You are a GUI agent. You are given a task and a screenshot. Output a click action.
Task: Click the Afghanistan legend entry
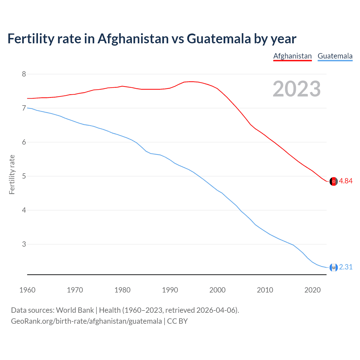click(292, 56)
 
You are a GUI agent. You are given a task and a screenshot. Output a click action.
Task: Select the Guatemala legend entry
click(335, 56)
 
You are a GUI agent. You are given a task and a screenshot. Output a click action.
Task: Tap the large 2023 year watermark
click(297, 89)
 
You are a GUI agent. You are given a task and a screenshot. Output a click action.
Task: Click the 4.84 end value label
click(346, 181)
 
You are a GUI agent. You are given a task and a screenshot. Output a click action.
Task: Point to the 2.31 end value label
click(346, 267)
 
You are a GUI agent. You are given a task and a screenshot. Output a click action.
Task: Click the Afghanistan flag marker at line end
click(334, 181)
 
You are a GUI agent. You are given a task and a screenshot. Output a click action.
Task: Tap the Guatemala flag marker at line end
click(334, 267)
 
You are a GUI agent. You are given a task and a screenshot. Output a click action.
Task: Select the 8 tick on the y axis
click(24, 74)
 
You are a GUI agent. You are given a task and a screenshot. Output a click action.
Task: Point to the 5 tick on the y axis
click(24, 176)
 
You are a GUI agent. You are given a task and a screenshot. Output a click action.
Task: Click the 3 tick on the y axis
click(24, 244)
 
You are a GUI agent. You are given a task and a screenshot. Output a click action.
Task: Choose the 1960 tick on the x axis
click(27, 290)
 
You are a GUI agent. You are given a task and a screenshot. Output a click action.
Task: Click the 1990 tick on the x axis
click(170, 290)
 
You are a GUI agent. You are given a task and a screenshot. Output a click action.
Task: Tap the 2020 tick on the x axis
click(312, 290)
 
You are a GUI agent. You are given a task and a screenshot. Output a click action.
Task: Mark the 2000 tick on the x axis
click(217, 290)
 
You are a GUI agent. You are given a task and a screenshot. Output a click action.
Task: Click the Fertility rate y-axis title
click(12, 174)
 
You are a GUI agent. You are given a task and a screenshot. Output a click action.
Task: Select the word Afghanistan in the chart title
click(133, 39)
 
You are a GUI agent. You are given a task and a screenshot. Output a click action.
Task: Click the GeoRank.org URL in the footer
click(86, 321)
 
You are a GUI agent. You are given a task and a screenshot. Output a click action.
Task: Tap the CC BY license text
click(177, 321)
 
